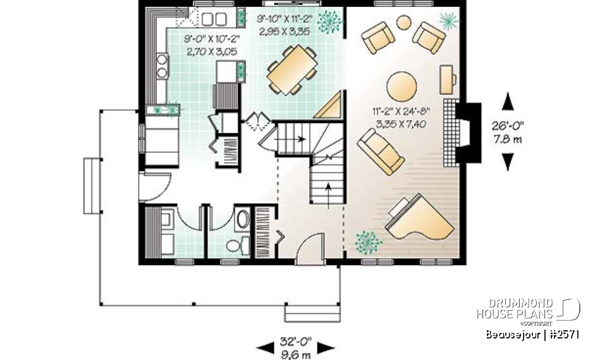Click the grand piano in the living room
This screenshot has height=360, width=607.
(x=419, y=219)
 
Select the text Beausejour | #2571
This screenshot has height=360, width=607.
(x=533, y=333)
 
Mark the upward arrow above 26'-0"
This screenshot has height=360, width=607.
(x=506, y=102)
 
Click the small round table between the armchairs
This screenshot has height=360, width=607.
(x=403, y=23)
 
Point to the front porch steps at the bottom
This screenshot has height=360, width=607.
(x=303, y=313)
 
